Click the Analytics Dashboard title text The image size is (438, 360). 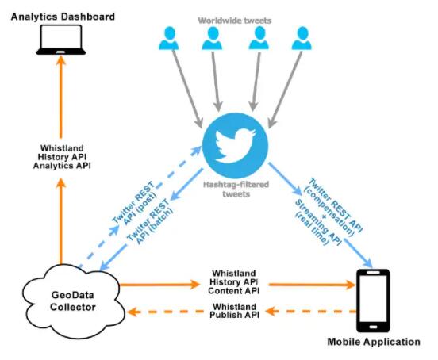(x=63, y=17)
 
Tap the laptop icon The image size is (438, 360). (x=61, y=40)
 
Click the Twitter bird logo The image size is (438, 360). (x=235, y=145)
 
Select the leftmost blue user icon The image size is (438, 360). (x=169, y=38)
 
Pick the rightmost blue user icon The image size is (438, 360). (x=302, y=38)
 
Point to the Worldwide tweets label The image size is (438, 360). (x=235, y=21)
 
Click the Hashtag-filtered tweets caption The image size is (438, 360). (x=236, y=190)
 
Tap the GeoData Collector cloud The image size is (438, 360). (x=74, y=301)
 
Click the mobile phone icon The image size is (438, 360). (x=373, y=301)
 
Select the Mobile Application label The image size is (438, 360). (x=374, y=342)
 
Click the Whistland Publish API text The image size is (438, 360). (x=235, y=311)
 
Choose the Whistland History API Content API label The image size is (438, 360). (x=234, y=281)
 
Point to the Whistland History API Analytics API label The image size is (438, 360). (x=62, y=157)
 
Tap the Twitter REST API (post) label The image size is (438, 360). (x=136, y=202)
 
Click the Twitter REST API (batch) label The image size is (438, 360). (x=151, y=220)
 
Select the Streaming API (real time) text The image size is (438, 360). (x=317, y=223)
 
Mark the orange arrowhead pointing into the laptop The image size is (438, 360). (x=61, y=60)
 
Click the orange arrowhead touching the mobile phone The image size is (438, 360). (x=351, y=285)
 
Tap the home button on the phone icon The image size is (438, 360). (x=373, y=327)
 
